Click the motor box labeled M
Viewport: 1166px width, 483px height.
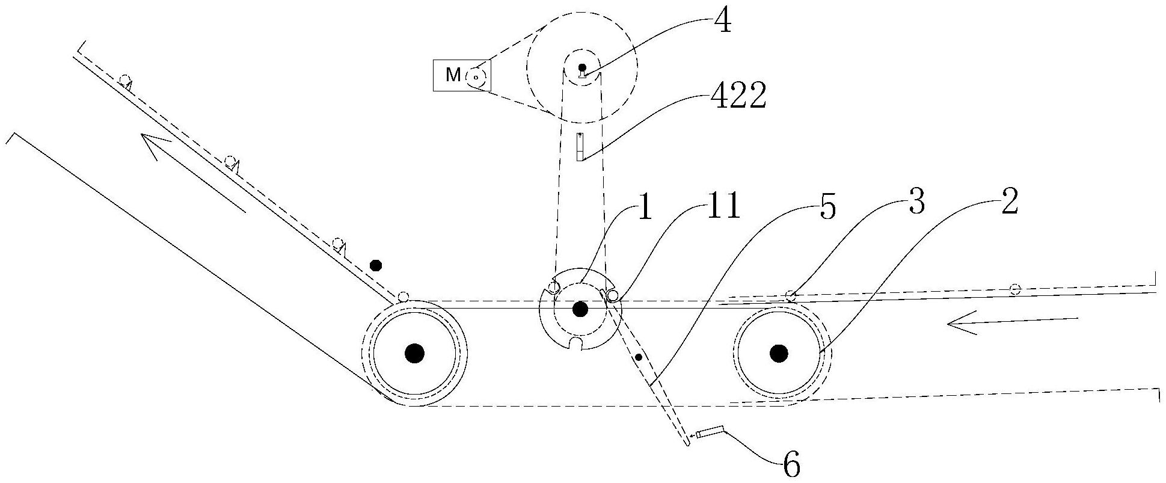(x=462, y=75)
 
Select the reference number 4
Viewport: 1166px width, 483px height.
(x=722, y=23)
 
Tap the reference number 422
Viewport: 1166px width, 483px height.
(x=738, y=96)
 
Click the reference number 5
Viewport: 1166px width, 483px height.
(x=828, y=208)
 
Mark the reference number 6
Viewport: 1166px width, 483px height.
(x=792, y=464)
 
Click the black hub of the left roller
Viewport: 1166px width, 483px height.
(x=414, y=354)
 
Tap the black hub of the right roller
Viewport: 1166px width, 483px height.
(x=779, y=354)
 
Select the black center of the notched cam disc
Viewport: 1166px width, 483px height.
(x=580, y=309)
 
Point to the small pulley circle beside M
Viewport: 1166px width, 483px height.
(x=476, y=76)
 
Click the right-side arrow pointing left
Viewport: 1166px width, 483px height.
(x=1013, y=322)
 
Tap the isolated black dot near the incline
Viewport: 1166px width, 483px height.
(x=376, y=265)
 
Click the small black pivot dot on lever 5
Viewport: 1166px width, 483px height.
(x=639, y=357)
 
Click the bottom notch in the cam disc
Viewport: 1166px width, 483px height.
(x=577, y=343)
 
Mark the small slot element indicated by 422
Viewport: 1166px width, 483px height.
(x=580, y=147)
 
